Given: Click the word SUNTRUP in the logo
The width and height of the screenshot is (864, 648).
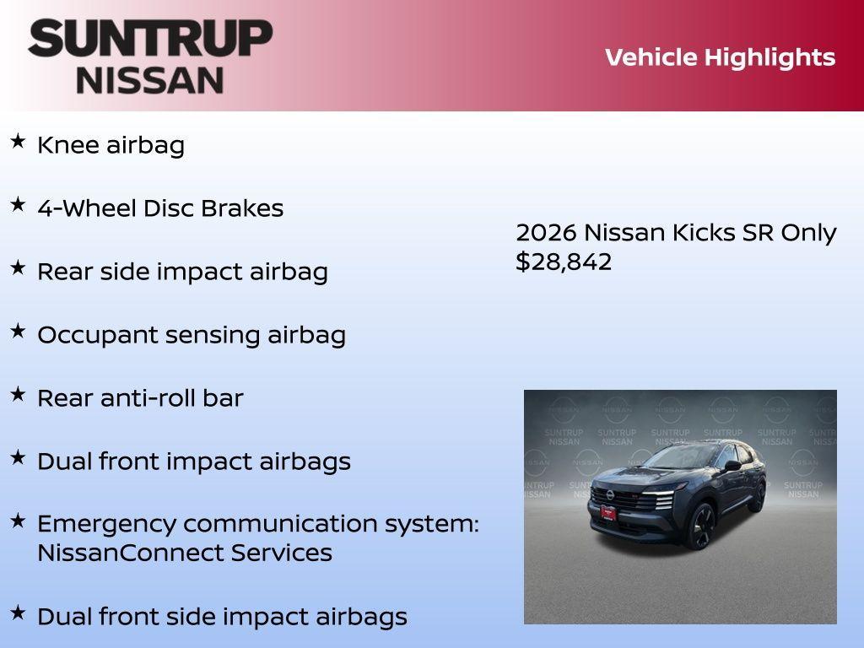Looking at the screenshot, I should point(150,39).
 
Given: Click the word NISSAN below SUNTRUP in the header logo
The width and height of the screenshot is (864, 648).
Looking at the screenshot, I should point(150,79).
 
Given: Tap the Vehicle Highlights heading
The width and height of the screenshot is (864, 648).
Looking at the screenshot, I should point(720,57).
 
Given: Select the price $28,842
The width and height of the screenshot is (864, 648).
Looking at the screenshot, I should point(564,262).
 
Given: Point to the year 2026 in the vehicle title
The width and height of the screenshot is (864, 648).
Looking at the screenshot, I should point(546,233).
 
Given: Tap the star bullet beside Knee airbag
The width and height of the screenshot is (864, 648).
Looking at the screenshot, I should point(18,141).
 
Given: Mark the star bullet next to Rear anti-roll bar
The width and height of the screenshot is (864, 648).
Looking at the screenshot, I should point(18,394).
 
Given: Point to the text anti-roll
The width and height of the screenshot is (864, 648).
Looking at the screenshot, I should point(148,398).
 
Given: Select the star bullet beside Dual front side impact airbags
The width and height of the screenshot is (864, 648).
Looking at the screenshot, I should point(18,613).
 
